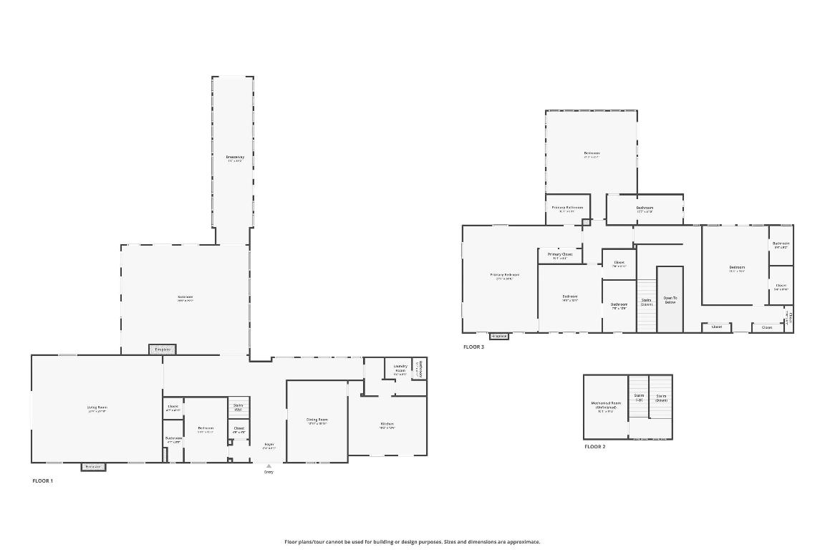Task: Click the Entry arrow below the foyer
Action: [269, 466]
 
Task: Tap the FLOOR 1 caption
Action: [43, 481]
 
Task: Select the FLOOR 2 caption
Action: [594, 446]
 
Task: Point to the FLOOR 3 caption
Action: [473, 347]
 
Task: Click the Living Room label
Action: [97, 407]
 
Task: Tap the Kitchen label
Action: [387, 424]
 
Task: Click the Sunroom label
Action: [185, 297]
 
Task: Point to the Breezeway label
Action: [235, 157]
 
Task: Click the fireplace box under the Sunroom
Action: [163, 349]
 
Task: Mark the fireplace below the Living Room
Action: [93, 467]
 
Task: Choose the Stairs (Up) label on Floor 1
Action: [238, 407]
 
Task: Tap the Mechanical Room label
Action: [606, 405]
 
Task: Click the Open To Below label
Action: [670, 299]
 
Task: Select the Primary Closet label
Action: [560, 254]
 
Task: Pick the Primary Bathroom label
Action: [567, 208]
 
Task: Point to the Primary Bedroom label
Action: [505, 275]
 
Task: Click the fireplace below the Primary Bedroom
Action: [499, 336]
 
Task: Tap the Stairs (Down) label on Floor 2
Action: [661, 397]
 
